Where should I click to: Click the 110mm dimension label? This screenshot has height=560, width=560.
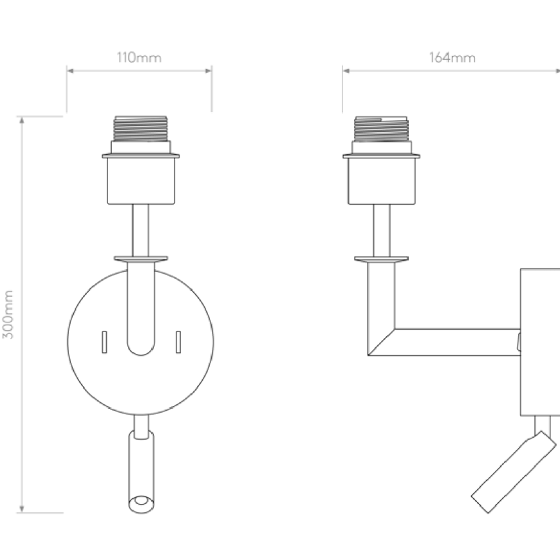point(139,57)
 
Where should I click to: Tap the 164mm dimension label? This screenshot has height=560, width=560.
point(452,57)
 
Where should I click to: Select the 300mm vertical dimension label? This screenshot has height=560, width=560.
point(8,314)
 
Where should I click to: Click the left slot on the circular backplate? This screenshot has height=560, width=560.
point(104,342)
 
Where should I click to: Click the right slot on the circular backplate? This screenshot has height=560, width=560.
point(178,342)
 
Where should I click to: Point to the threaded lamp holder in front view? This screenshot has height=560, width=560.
point(140,129)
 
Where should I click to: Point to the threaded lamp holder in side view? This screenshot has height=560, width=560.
point(381,129)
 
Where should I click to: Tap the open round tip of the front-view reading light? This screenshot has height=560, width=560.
point(142,504)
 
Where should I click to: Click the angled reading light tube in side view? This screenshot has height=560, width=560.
point(514,472)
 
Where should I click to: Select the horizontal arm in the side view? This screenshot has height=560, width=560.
point(457,342)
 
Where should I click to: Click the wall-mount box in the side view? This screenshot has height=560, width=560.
point(540,342)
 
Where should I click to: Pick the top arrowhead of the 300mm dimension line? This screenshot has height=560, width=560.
point(22,120)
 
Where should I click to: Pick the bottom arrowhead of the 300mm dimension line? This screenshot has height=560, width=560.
point(22,509)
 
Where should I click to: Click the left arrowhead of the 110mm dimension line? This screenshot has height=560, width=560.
point(70,71)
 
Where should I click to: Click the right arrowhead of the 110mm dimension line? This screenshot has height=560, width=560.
point(208,71)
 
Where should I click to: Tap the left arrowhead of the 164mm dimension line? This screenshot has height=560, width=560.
point(346,71)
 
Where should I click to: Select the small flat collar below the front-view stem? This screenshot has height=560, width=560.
point(141,259)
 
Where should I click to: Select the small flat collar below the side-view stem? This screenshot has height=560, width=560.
point(382,259)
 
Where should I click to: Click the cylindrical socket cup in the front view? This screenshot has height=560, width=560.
point(141,180)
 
